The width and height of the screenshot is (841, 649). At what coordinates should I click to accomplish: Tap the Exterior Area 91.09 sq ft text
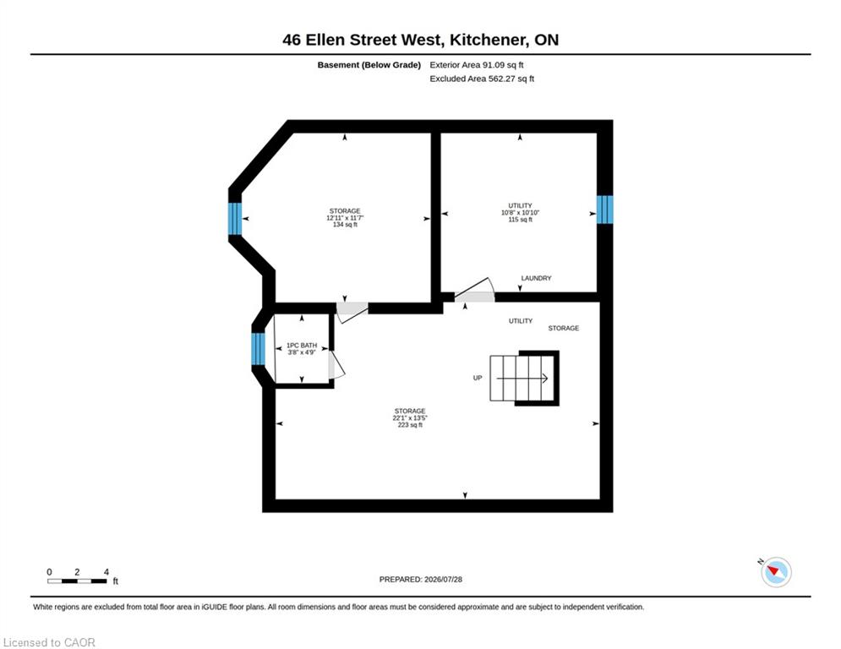(x=476, y=65)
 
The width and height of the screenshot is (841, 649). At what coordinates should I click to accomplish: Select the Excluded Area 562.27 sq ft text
(x=482, y=79)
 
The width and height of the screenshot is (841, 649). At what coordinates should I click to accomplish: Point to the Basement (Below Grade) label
(x=369, y=65)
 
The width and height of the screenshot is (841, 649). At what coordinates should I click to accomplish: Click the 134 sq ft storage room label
(x=345, y=218)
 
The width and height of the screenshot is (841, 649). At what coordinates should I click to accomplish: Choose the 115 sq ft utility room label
(x=521, y=212)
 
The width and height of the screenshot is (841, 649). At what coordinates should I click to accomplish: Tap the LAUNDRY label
(x=537, y=278)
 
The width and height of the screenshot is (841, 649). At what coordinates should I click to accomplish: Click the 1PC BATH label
(x=302, y=349)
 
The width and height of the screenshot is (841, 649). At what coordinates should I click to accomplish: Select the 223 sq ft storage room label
(x=410, y=417)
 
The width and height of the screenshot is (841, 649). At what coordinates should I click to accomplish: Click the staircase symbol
(x=525, y=378)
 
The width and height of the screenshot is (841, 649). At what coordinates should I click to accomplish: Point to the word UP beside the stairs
(x=478, y=378)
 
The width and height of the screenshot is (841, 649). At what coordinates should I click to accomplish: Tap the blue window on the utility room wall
(x=605, y=210)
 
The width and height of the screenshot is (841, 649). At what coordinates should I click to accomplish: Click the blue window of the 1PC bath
(x=259, y=349)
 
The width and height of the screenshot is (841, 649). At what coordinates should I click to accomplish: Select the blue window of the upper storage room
(x=235, y=219)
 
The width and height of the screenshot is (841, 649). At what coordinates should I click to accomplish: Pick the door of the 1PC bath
(x=336, y=364)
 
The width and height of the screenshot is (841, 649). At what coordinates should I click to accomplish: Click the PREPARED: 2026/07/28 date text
(x=421, y=579)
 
